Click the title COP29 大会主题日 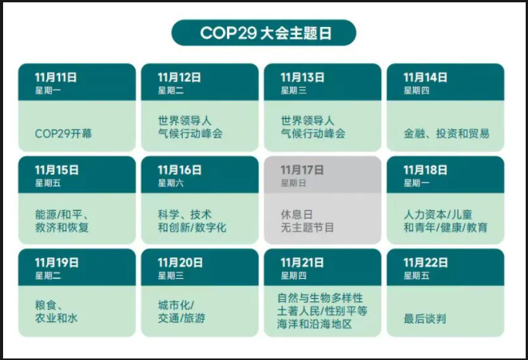[266, 33]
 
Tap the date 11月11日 [56, 77]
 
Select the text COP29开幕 [63, 134]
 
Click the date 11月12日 [179, 77]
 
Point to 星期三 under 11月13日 [293, 90]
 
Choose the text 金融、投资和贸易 [446, 134]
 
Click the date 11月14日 [425, 77]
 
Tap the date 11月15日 [56, 170]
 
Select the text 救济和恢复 [62, 227]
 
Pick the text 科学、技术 [184, 215]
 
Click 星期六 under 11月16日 [171, 183]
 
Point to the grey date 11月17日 [302, 170]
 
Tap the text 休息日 [297, 215]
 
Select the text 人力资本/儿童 [438, 215]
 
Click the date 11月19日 [56, 263]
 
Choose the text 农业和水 [56, 318]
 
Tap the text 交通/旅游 [181, 318]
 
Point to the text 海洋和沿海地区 [314, 324]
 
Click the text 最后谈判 [425, 318]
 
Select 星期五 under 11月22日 [417, 276]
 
